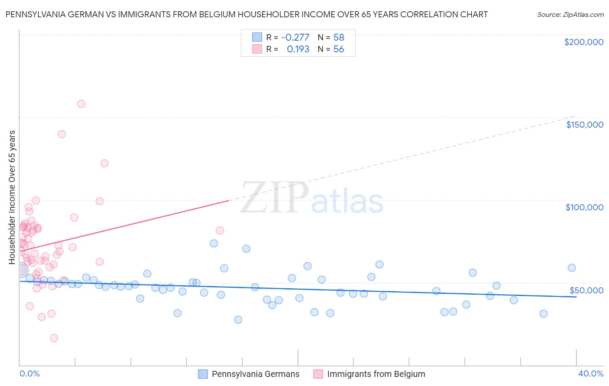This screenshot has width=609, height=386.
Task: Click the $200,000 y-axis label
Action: (583, 42)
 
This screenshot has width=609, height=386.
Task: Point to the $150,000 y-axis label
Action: (584, 125)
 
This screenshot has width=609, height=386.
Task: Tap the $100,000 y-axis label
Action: (584, 207)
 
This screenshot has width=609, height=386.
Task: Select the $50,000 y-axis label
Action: (586, 290)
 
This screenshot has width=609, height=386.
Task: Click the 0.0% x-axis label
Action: (29, 373)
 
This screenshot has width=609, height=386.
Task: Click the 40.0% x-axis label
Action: (591, 373)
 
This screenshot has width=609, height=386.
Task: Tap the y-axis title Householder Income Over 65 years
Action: (12, 197)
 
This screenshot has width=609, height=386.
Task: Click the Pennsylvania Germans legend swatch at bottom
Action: (203, 374)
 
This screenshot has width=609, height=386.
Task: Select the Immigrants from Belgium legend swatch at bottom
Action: (318, 374)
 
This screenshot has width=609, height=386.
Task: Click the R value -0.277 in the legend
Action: (295, 37)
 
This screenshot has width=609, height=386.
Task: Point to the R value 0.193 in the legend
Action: (298, 49)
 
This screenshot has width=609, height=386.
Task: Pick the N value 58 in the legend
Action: (339, 37)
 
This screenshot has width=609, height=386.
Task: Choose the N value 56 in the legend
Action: (339, 49)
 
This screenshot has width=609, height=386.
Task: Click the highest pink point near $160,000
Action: (81, 104)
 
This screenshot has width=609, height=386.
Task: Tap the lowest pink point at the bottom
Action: (54, 338)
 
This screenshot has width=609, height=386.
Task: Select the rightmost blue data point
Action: (572, 268)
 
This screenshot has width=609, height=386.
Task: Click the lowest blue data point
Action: (238, 320)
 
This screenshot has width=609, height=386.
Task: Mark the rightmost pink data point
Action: (220, 231)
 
